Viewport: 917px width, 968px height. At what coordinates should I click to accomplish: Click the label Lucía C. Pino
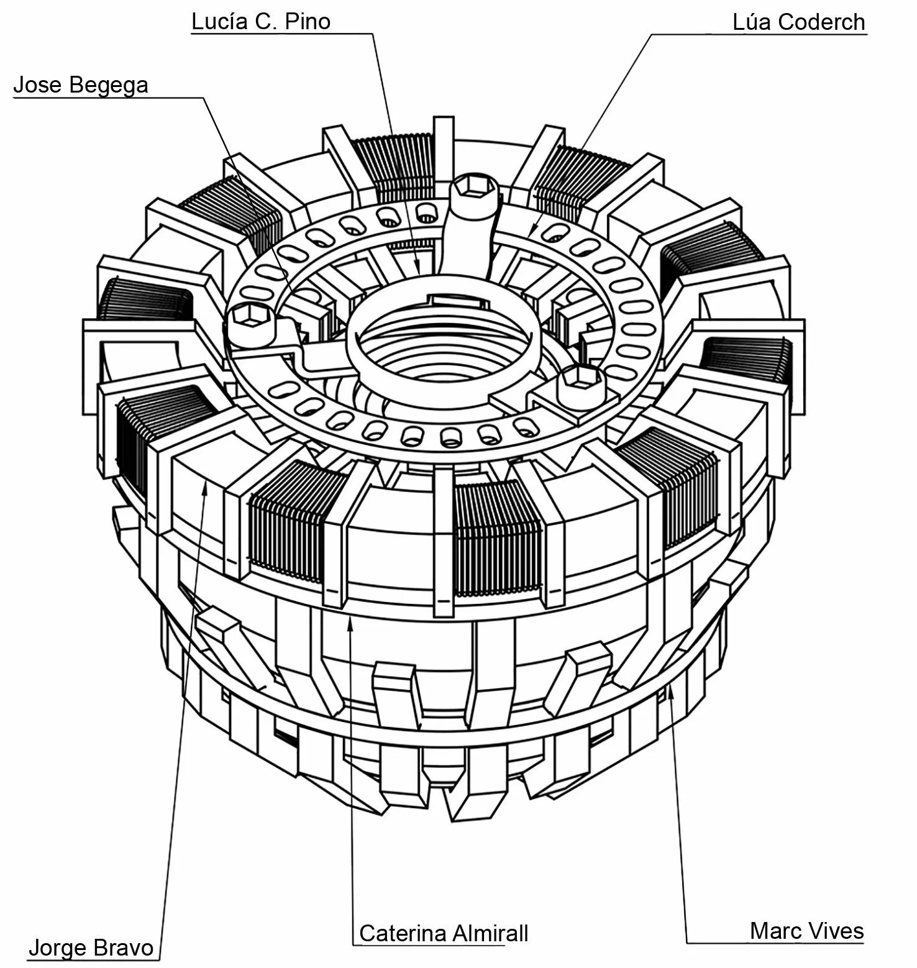point(260,22)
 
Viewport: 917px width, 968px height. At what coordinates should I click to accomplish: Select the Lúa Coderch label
point(798,22)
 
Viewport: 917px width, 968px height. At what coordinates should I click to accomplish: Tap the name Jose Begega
point(81,85)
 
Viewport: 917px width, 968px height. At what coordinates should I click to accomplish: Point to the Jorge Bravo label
point(91,948)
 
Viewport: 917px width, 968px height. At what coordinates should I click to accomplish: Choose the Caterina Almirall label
point(444,933)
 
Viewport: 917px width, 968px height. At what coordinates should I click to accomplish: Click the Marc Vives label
point(806,931)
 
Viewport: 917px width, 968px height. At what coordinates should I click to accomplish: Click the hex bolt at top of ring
point(475,189)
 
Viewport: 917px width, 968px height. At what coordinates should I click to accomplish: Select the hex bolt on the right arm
point(579,380)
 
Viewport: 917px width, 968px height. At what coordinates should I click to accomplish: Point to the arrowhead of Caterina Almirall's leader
point(350,623)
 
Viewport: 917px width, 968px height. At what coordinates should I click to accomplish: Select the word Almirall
point(490,933)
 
